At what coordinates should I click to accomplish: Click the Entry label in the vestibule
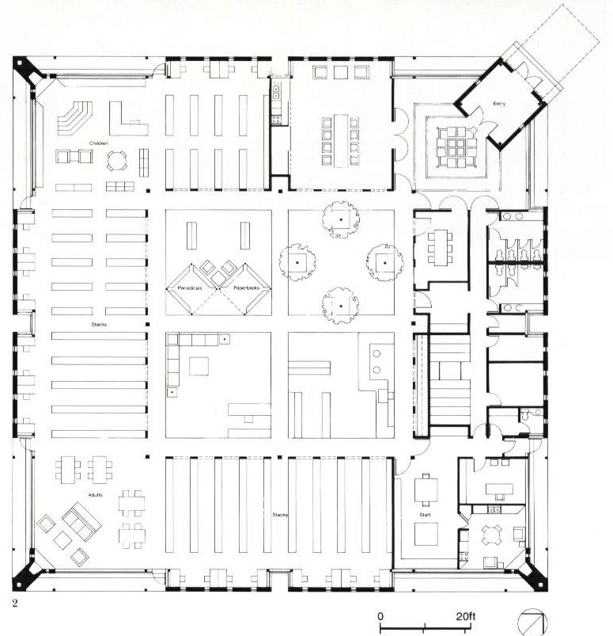pyautogui.click(x=499, y=104)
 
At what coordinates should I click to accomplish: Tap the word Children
pyautogui.click(x=98, y=143)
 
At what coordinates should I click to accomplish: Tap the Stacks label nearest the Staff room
pyautogui.click(x=280, y=515)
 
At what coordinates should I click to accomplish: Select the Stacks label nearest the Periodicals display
pyautogui.click(x=98, y=324)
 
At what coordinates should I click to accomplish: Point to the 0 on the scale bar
pyautogui.click(x=380, y=615)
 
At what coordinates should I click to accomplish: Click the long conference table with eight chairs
pyautogui.click(x=340, y=139)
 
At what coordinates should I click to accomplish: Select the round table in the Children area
pyautogui.click(x=115, y=160)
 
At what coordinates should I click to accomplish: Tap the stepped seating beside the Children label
pyautogui.click(x=75, y=118)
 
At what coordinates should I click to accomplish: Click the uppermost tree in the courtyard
pyautogui.click(x=341, y=219)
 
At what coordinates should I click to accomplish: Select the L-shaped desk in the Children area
pyautogui.click(x=127, y=118)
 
